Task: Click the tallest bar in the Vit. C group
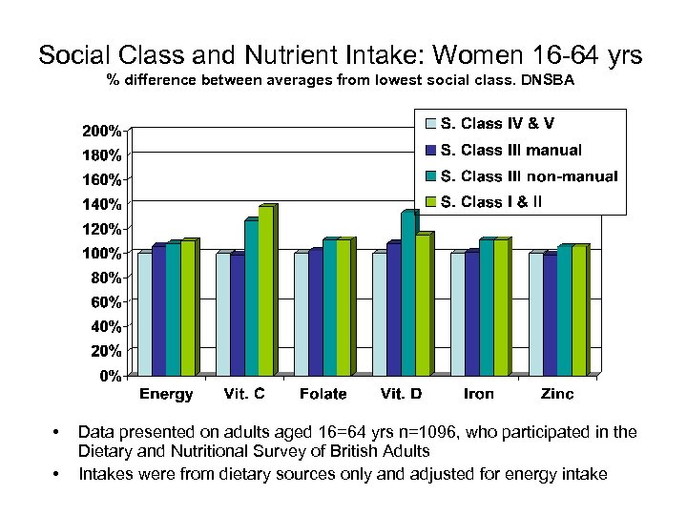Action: (265, 290)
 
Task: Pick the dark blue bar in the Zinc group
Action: (549, 314)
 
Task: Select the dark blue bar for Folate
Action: (315, 312)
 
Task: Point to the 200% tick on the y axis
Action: (100, 130)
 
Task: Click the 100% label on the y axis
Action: (100, 253)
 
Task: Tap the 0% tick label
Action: (111, 376)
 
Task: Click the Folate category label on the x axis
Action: (323, 394)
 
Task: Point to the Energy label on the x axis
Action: (166, 394)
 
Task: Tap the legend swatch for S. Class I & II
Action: (431, 201)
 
